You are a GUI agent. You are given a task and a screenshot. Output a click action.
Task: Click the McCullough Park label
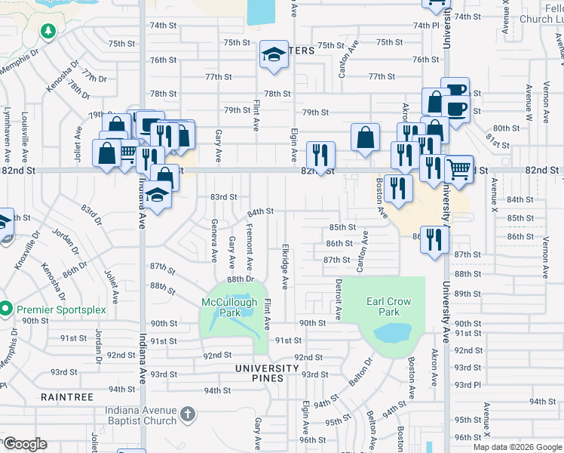coord(228,307)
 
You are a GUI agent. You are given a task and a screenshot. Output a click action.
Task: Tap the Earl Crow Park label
coord(388,307)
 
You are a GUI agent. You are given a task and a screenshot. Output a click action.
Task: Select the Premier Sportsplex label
coord(62,310)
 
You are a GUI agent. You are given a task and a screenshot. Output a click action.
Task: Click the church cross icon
coord(188,414)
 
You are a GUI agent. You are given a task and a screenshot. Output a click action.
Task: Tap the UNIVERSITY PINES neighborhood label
coord(256,368)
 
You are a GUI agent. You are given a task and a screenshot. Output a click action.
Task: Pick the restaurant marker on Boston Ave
coord(398,188)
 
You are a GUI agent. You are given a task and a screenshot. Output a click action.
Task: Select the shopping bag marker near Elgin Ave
coord(365,137)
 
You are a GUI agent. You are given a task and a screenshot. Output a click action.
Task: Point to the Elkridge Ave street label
coord(286,266)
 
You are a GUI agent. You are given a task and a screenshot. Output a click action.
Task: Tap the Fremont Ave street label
coord(250,247)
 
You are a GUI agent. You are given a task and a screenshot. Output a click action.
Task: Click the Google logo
coord(26,444)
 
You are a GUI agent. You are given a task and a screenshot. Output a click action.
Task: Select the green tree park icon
coord(49,31)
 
